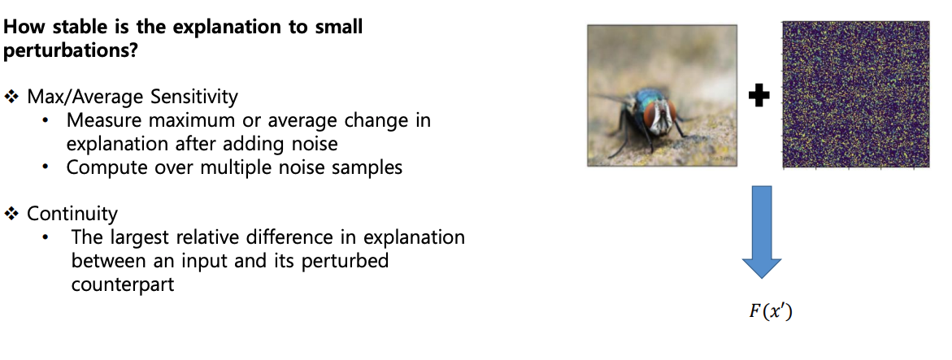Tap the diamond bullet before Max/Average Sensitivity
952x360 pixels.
pos(12,97)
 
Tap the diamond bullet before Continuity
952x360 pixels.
pos(12,213)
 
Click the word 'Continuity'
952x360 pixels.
pos(72,214)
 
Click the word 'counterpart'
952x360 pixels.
pos(123,284)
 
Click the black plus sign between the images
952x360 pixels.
pos(759,97)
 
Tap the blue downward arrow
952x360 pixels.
pos(762,232)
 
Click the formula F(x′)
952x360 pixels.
pos(771,312)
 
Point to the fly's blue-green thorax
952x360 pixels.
pos(645,98)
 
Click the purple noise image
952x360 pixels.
pos(855,94)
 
